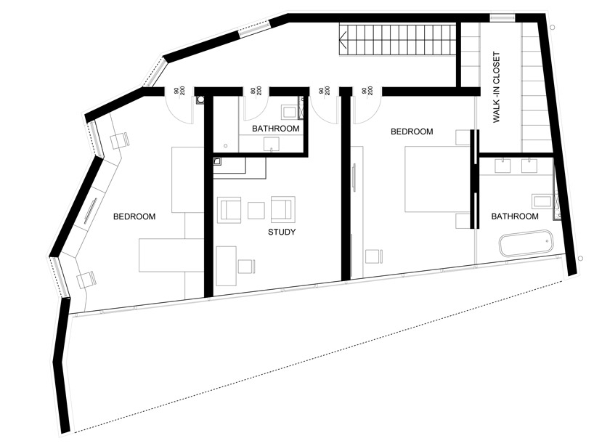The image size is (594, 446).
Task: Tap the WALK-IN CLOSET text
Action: [x=497, y=87]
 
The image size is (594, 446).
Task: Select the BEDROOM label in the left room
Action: [x=134, y=216]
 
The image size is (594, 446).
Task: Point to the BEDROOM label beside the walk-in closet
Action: [x=412, y=131]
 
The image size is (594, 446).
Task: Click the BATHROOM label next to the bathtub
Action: [x=515, y=216]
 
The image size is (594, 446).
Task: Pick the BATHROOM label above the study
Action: [x=276, y=129]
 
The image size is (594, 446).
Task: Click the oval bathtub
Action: [x=526, y=242]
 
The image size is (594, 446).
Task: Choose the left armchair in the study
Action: [x=230, y=209]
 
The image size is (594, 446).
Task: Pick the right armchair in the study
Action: [x=282, y=209]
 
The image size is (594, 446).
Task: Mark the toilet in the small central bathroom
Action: [x=289, y=113]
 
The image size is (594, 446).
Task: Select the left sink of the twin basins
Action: [x=502, y=166]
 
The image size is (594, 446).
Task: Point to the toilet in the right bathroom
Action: [x=542, y=201]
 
